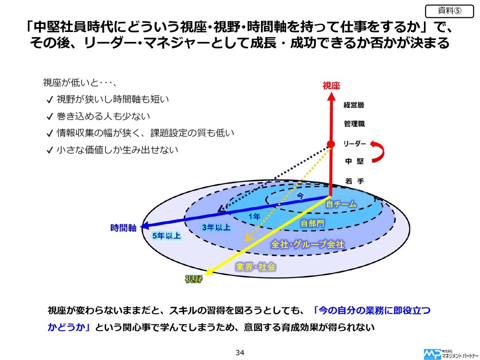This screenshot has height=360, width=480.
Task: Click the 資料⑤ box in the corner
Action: [449, 11]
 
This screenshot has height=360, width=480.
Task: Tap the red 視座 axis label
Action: [331, 86]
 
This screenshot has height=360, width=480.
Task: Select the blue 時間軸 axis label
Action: [123, 228]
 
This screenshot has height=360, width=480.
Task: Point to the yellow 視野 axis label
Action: [194, 279]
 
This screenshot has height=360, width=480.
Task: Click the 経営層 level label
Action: [354, 105]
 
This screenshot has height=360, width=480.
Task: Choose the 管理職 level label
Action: [354, 124]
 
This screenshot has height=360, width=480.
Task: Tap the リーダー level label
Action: [354, 144]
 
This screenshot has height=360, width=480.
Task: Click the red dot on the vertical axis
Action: [331, 144]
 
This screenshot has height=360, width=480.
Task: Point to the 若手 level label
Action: [354, 181]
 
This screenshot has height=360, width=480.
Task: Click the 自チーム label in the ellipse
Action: [341, 204]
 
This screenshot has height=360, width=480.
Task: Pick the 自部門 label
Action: [312, 223]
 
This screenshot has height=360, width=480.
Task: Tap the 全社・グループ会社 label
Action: [308, 244]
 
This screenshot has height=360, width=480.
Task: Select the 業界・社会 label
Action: [256, 267]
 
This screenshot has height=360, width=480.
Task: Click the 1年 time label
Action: [254, 217]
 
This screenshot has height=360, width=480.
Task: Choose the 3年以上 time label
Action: [216, 228]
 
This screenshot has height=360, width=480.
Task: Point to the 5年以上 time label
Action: [166, 236]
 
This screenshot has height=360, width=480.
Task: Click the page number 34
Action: [240, 352]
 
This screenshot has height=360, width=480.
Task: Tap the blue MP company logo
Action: [432, 354]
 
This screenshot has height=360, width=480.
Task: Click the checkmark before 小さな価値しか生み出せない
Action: [50, 150]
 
